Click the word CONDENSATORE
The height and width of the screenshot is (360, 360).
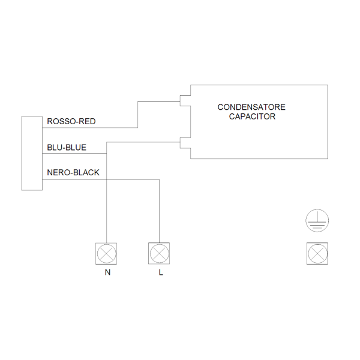(251, 107)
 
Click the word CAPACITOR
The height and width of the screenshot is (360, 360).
(252, 116)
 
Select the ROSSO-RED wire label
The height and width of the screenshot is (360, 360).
(71, 122)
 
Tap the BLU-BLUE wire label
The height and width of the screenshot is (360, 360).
(67, 147)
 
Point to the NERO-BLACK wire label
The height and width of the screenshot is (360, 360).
(73, 173)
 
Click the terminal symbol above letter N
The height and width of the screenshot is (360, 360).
(106, 254)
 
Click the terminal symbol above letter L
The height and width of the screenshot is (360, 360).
(159, 254)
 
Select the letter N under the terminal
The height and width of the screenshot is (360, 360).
(107, 273)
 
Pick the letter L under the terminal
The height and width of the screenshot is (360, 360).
(160, 273)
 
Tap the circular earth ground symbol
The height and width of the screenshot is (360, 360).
(317, 221)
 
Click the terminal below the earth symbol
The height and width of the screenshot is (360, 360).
(317, 254)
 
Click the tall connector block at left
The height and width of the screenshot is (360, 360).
(32, 153)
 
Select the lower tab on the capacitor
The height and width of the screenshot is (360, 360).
(185, 143)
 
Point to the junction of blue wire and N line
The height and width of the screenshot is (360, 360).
(106, 154)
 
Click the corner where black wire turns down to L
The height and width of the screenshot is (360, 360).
(159, 179)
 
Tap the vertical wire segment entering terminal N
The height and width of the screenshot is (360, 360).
(106, 204)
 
